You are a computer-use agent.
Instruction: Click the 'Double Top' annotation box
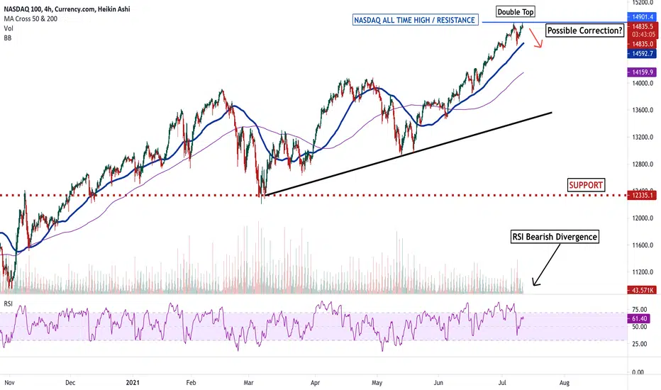(516, 12)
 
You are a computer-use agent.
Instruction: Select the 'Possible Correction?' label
(584, 30)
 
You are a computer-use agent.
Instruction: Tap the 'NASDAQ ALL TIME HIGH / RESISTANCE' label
(415, 20)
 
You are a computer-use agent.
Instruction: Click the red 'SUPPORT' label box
(586, 184)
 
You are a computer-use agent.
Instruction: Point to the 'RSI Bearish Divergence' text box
(555, 237)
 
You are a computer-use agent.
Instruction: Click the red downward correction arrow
(535, 38)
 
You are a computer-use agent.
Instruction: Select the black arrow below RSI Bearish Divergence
(546, 264)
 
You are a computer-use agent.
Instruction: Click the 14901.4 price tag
(642, 17)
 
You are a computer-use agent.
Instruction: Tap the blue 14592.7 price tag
(642, 54)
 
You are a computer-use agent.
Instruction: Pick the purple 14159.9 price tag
(642, 72)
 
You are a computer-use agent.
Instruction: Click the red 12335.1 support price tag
(642, 195)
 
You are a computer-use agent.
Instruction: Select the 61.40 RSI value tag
(639, 319)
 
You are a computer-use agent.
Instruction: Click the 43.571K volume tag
(642, 290)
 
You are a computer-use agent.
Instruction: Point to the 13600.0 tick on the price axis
(643, 110)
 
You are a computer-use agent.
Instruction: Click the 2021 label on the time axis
(133, 383)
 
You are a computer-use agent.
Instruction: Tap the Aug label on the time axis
(564, 383)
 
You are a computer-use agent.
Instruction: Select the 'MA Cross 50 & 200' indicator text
(30, 18)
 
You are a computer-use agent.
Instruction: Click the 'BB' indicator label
(8, 38)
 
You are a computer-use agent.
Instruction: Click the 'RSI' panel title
(9, 303)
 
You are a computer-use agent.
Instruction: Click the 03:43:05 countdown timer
(643, 35)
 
